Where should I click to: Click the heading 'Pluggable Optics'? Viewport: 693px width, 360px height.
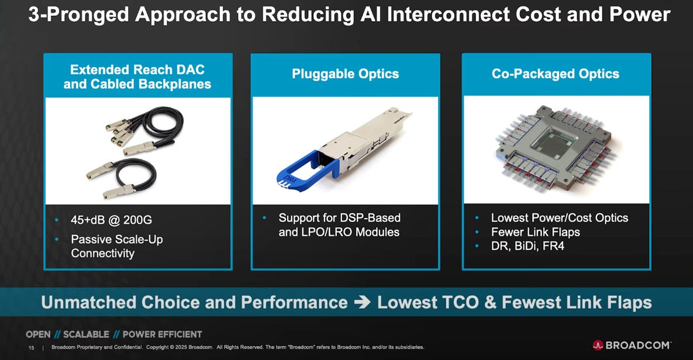[345, 74]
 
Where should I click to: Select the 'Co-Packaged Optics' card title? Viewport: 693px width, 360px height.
[555, 74]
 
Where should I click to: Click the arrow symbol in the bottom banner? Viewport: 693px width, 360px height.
[362, 303]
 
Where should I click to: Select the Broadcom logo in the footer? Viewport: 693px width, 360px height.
[632, 345]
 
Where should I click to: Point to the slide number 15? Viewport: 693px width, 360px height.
[32, 348]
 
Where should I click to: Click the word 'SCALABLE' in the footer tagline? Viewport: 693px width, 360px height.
[86, 334]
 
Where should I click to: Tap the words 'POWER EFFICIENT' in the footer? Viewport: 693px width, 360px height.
[162, 334]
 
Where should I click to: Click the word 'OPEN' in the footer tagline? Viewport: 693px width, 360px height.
[38, 334]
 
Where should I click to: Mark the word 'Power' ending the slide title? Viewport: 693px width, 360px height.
[640, 15]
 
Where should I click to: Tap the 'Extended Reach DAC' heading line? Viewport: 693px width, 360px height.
[137, 70]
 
